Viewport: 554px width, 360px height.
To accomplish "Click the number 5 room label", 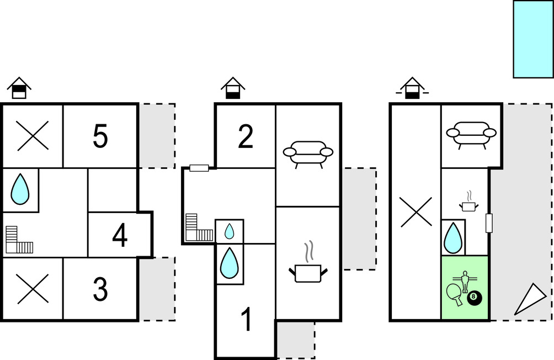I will (100, 136).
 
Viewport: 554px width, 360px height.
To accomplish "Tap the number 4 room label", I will (120, 236).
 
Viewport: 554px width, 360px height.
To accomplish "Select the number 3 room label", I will (100, 289).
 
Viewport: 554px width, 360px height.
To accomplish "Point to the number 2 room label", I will (245, 136).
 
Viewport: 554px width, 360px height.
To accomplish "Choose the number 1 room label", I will (247, 319).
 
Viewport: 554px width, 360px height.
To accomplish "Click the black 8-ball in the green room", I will (474, 299).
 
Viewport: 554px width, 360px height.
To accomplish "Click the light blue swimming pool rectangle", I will (533, 39).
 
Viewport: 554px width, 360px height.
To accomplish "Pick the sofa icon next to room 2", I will (308, 153).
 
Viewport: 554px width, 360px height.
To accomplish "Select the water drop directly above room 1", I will (229, 263).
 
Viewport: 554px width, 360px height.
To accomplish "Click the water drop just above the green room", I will (453, 237).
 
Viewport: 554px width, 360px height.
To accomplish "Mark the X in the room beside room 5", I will (33, 136).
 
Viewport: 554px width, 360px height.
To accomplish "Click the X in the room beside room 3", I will (33, 289).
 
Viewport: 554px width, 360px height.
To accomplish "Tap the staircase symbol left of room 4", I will (19, 241).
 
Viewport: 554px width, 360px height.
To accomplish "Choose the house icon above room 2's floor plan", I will (233, 88).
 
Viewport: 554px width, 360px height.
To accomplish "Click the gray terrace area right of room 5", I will (157, 135).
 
